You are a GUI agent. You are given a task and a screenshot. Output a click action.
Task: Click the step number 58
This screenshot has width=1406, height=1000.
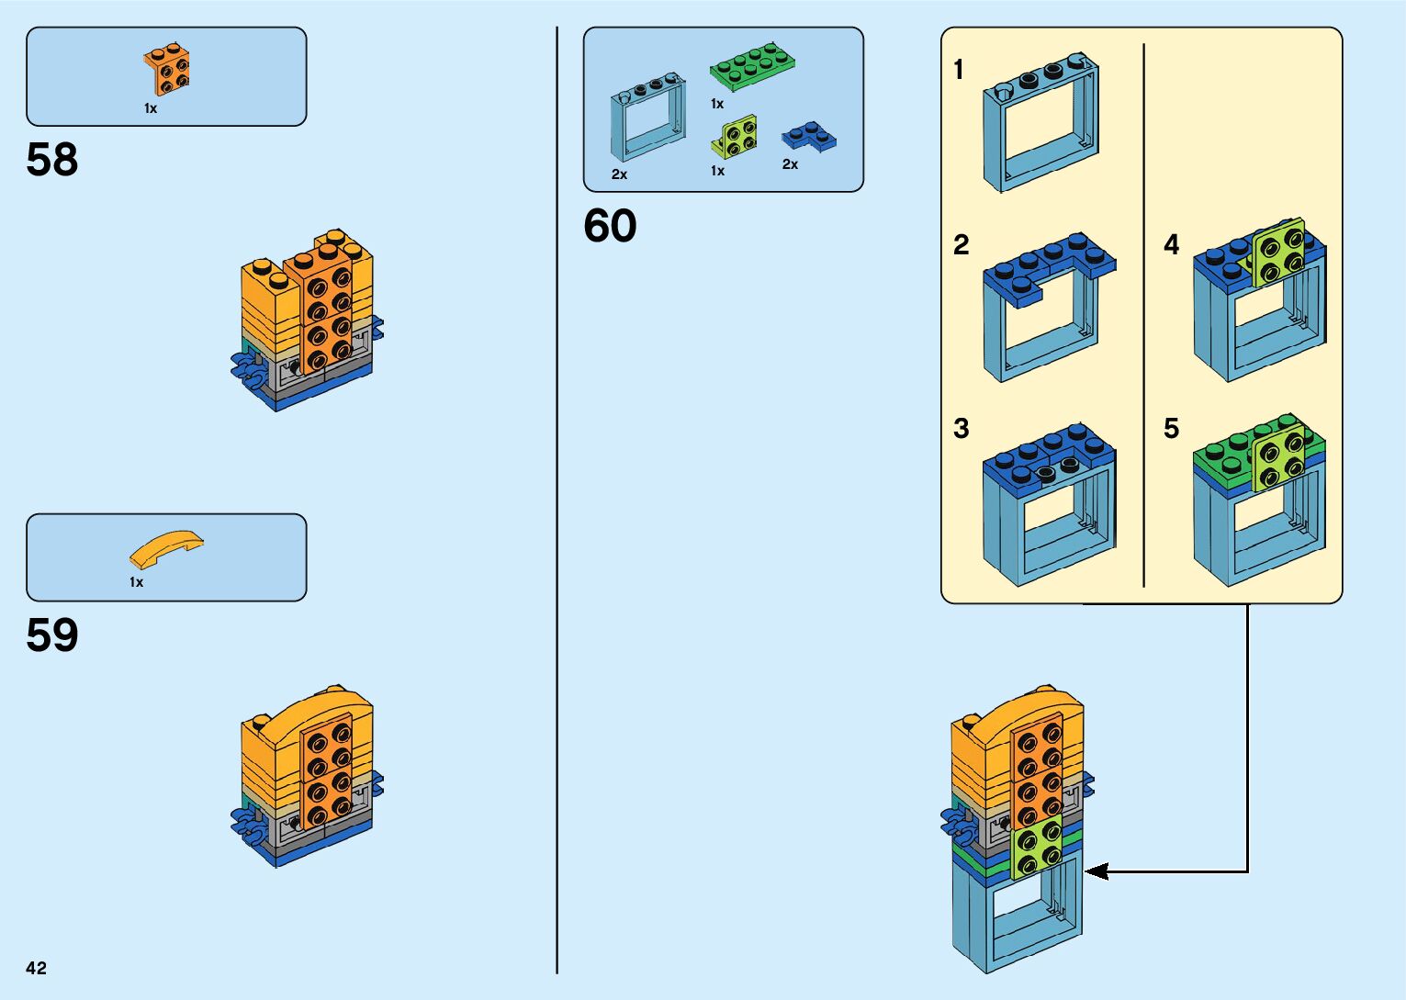click(x=52, y=160)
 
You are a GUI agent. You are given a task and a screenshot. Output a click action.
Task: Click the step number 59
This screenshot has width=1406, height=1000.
click(x=52, y=635)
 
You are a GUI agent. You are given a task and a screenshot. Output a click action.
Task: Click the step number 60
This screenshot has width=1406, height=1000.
click(x=610, y=226)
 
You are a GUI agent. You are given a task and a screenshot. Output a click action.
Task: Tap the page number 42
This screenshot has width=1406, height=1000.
click(x=36, y=968)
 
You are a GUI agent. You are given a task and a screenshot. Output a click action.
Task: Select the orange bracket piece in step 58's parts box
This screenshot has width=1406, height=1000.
click(x=167, y=70)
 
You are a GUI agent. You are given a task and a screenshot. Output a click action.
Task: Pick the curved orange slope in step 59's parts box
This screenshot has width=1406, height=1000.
click(x=165, y=548)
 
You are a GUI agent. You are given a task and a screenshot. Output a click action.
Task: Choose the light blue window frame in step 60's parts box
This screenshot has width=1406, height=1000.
click(x=648, y=119)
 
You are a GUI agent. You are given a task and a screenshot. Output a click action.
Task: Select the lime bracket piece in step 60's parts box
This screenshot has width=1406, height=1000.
click(x=735, y=138)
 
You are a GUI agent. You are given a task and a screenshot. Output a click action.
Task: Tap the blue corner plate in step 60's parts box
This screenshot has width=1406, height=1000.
click(x=808, y=138)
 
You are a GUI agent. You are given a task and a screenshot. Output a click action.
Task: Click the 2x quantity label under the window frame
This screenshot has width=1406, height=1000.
click(x=619, y=174)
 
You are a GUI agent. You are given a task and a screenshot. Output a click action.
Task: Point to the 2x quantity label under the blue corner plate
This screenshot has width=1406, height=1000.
click(x=790, y=164)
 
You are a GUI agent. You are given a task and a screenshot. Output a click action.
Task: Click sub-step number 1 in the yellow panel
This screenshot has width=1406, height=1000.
click(x=959, y=70)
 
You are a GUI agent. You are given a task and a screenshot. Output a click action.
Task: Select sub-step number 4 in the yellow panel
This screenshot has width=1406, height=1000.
click(x=1171, y=244)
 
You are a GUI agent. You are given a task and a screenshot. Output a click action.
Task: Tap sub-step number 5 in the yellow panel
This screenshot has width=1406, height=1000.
click(x=1171, y=428)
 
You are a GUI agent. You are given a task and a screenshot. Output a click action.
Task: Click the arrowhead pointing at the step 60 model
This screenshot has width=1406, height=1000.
click(x=1096, y=871)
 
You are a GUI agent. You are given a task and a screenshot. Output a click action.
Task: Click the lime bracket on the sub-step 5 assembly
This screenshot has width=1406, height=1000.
click(x=1278, y=456)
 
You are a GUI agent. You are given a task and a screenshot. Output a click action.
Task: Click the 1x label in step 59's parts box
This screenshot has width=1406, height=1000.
click(x=136, y=582)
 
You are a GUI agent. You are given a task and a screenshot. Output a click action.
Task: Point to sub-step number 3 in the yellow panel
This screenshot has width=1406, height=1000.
click(x=961, y=428)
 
